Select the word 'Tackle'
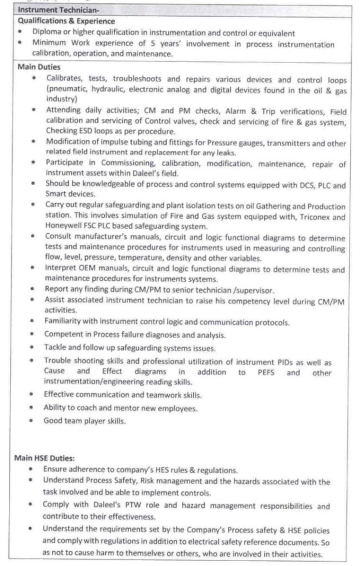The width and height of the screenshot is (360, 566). point(55,348)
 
